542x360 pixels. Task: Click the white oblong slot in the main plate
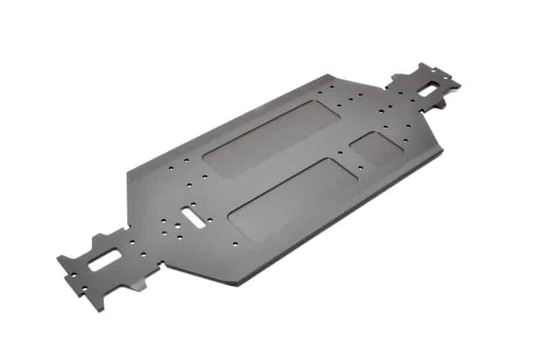[x=194, y=216]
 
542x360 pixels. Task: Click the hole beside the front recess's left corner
[x=234, y=242]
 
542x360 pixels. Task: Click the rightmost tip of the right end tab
[x=459, y=84]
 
